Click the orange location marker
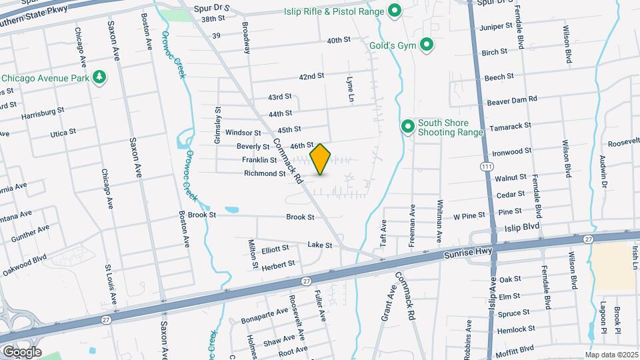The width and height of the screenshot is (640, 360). [321, 159]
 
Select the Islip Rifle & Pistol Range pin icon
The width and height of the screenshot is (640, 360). [394, 11]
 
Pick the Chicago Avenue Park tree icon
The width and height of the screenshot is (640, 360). [99, 77]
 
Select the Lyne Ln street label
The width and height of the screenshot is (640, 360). [349, 89]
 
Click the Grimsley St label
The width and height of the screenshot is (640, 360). [217, 121]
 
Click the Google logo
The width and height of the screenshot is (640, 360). [22, 351]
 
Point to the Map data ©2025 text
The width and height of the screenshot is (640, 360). [611, 355]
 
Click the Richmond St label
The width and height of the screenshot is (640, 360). [265, 173]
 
